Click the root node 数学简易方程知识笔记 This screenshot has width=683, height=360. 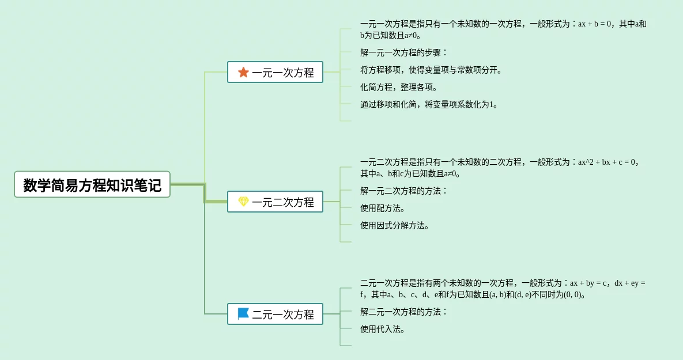pyautogui.click(x=92, y=185)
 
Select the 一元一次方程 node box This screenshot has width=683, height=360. pyautogui.click(x=275, y=72)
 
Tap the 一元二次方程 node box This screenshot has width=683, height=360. pyautogui.click(x=275, y=202)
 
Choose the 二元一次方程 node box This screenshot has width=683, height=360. pyautogui.click(x=275, y=314)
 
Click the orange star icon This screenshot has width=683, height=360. pyautogui.click(x=243, y=72)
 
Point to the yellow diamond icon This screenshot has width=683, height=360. pyautogui.click(x=243, y=202)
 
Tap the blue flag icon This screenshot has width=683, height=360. pyautogui.click(x=243, y=314)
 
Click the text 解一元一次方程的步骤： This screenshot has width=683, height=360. pyautogui.click(x=403, y=52)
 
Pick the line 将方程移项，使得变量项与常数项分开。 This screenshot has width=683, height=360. pyautogui.click(x=431, y=70)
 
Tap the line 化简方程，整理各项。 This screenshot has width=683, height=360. pyautogui.click(x=399, y=87)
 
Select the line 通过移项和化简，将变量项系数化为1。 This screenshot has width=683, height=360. pyautogui.click(x=429, y=104)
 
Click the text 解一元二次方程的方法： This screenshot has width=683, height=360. pyautogui.click(x=403, y=191)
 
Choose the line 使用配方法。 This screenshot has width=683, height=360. pyautogui.click(x=383, y=208)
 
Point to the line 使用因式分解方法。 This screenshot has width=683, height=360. pyautogui.click(x=395, y=225)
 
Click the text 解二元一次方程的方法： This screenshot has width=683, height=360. pyautogui.click(x=403, y=312)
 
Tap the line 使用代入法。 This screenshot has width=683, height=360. pyautogui.click(x=383, y=329)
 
